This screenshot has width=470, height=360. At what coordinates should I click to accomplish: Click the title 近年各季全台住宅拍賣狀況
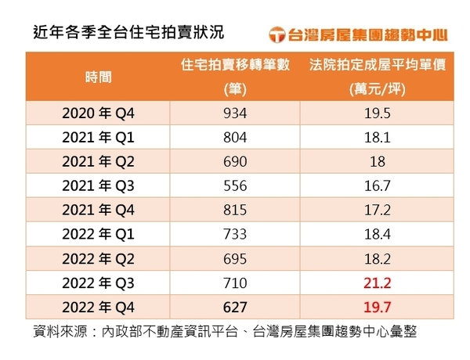(x=128, y=32)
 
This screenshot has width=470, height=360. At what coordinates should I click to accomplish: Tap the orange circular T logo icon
(x=277, y=34)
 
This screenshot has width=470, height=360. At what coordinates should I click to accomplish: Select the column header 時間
(x=99, y=77)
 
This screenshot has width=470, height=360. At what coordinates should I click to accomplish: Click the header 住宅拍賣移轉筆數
(x=235, y=65)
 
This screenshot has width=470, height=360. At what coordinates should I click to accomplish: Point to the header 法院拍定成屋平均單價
(x=378, y=65)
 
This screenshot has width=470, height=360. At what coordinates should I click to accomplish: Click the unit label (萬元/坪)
(x=378, y=89)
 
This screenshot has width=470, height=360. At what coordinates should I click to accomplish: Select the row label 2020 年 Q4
(x=99, y=113)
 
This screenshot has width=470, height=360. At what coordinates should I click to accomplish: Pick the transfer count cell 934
(x=235, y=113)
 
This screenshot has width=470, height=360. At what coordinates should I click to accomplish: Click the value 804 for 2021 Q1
(x=235, y=138)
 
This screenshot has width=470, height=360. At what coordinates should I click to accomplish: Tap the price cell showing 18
(x=378, y=162)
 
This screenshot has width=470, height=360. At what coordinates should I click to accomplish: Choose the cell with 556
(x=235, y=186)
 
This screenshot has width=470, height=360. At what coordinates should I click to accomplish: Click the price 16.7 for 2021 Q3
(x=378, y=186)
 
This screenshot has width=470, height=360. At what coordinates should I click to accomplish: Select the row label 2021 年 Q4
(x=99, y=210)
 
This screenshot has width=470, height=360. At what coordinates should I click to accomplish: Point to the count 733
(x=235, y=234)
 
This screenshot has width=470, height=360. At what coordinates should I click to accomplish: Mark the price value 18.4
(x=378, y=234)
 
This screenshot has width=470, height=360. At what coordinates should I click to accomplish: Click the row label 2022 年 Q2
(x=99, y=259)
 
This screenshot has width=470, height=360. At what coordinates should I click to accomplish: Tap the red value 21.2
(x=378, y=283)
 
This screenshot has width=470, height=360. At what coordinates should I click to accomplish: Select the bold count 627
(x=235, y=308)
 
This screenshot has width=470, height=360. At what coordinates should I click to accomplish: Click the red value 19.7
(x=378, y=308)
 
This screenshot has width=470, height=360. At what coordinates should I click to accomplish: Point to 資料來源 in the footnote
(x=60, y=332)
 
